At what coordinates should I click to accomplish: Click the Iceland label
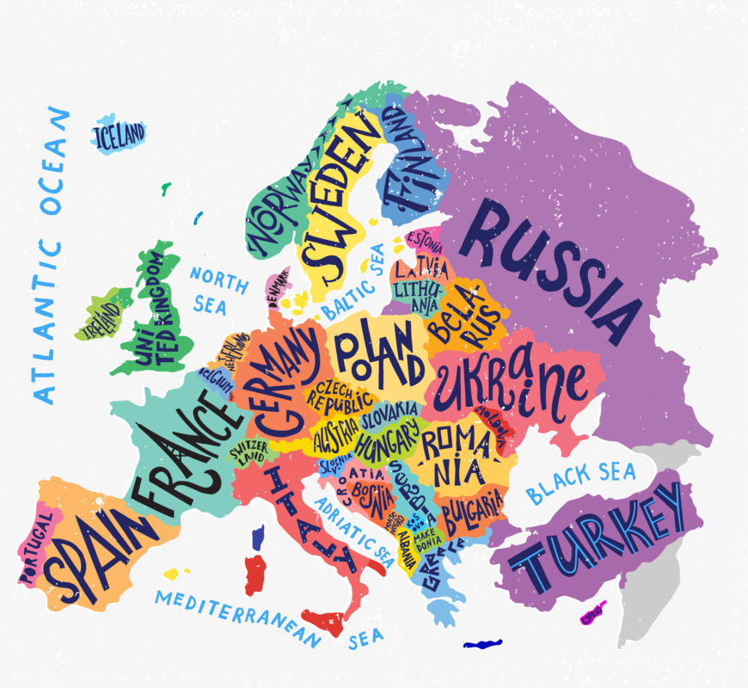tap(120, 135)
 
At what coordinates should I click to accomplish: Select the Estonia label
tap(425, 238)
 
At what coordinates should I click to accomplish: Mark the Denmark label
tap(278, 289)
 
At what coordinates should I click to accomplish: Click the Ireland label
tap(101, 319)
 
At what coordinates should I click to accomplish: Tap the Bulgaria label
tap(472, 512)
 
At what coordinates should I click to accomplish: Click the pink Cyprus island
tap(592, 614)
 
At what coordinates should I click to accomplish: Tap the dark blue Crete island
tap(481, 643)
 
